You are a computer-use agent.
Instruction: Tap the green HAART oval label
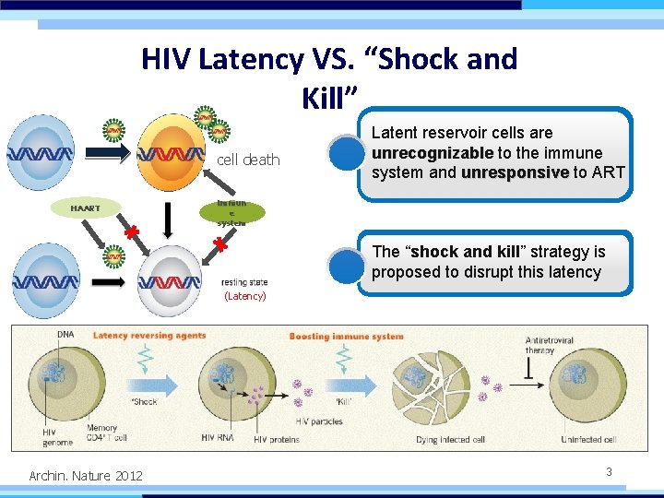pos(86,208)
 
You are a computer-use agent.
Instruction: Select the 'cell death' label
pos(248,160)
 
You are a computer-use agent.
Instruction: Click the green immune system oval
pos(231,213)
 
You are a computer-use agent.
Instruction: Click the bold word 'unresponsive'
pos(515,172)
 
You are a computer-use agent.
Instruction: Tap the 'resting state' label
pos(245,282)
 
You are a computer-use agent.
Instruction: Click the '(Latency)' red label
pos(245,296)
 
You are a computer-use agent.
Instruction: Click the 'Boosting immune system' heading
pos(346,337)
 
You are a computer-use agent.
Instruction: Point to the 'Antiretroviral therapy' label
pos(549,345)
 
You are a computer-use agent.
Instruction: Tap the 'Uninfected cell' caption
pos(588,440)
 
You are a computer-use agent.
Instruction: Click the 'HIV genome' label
pos(56,436)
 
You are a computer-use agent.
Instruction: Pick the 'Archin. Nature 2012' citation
pos(86,476)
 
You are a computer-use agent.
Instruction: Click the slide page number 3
pos(609,471)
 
